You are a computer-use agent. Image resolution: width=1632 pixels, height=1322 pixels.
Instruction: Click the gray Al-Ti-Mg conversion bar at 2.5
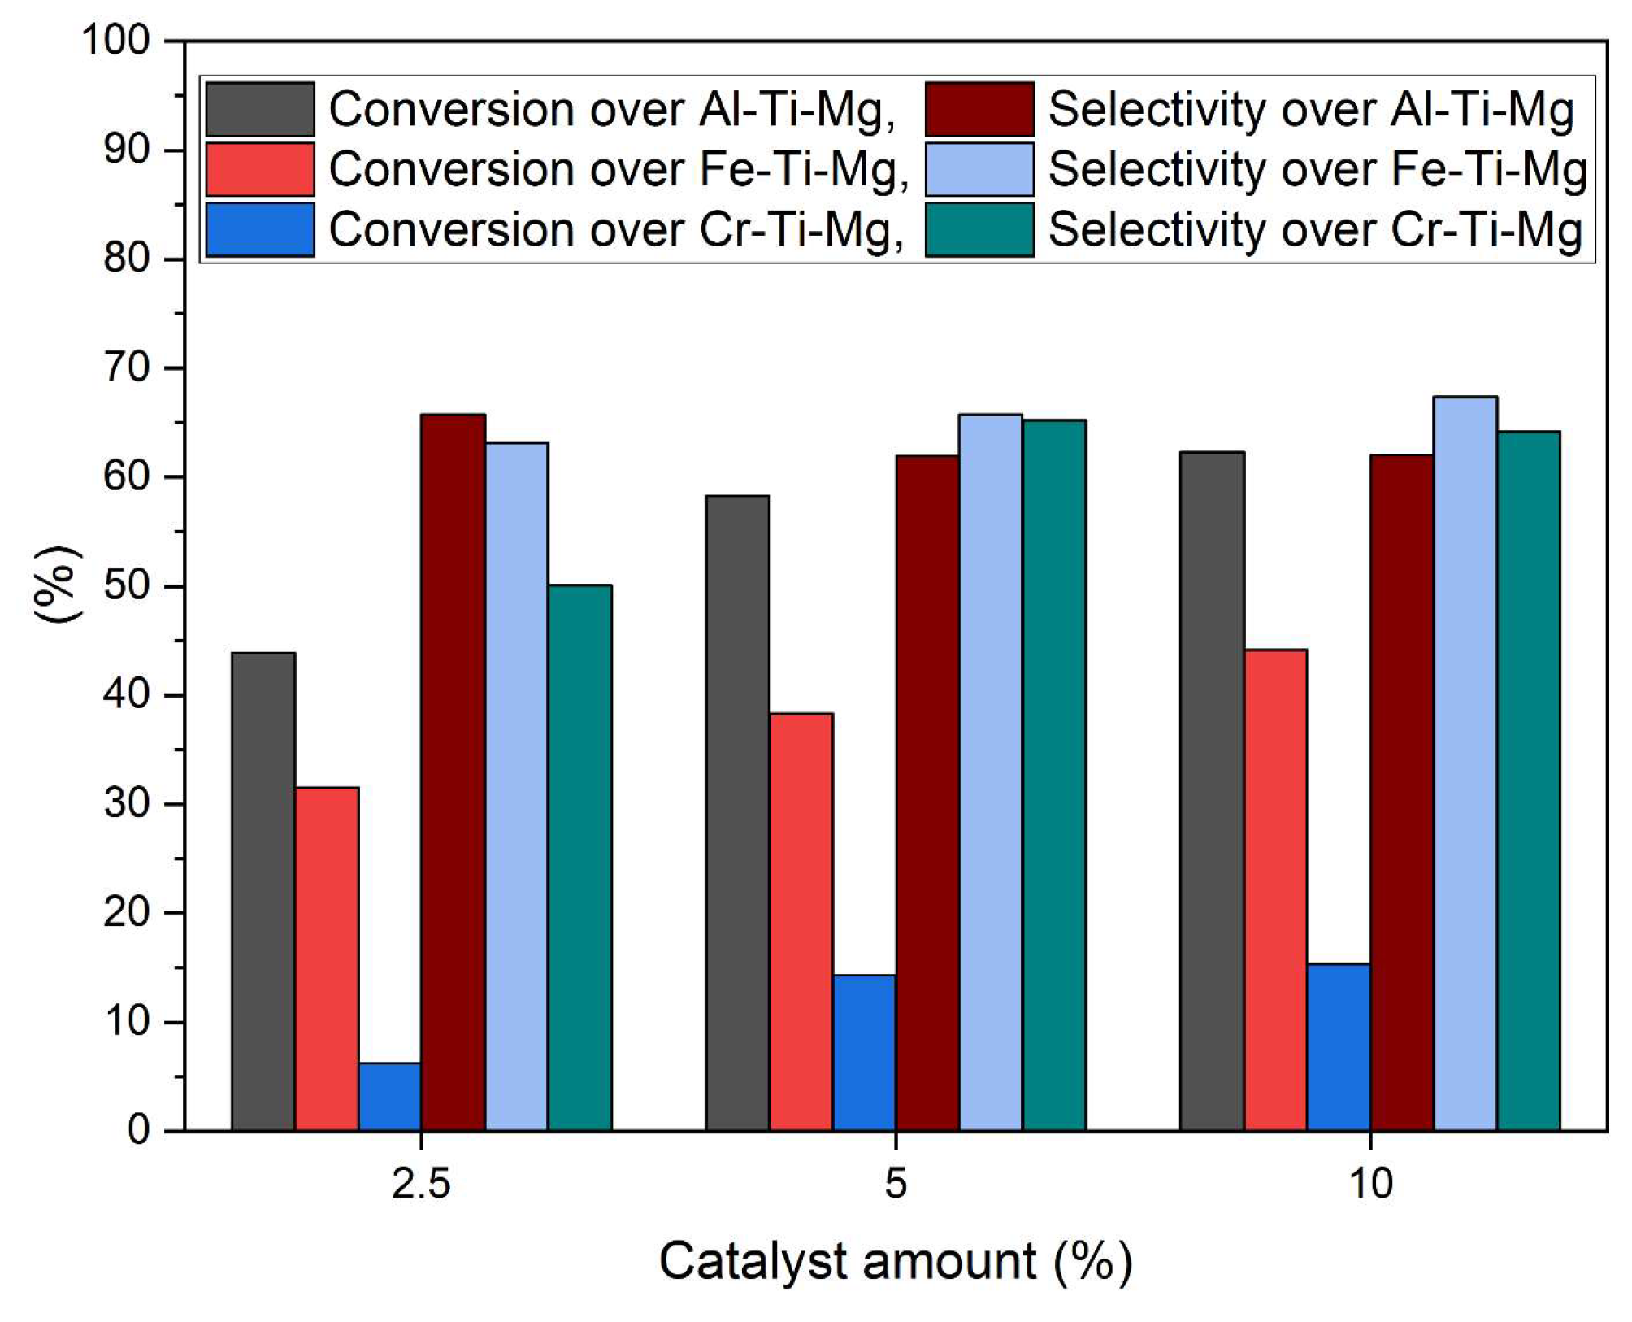coord(263,892)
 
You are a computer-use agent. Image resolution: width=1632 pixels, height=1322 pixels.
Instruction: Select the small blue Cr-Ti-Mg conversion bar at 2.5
coord(390,1097)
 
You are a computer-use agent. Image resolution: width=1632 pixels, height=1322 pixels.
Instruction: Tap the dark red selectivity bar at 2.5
coord(454,772)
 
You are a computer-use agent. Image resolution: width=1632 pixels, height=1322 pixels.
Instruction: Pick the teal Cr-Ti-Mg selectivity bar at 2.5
coord(579,858)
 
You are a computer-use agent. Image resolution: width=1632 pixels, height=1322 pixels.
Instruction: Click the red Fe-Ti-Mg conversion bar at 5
coord(801,922)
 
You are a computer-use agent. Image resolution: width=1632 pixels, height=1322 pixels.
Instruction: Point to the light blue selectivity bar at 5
coord(991,772)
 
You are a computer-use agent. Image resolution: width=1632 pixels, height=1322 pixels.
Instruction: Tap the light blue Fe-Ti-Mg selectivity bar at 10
coord(1465,763)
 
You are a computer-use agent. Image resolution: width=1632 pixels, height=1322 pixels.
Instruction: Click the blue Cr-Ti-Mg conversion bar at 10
coord(1339,1047)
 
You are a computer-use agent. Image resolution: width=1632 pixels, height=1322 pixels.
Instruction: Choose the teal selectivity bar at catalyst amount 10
coord(1529,781)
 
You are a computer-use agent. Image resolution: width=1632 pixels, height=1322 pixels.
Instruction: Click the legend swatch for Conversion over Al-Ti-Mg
coord(260,109)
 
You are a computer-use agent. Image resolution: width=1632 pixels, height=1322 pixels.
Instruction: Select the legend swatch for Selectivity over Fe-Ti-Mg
coord(979,169)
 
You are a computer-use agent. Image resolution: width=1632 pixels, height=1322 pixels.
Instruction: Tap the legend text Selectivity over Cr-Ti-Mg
coord(1315,230)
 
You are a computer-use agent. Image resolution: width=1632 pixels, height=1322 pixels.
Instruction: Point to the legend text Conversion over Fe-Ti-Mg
coord(618,170)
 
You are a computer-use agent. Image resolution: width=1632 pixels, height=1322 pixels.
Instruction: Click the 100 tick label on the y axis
coord(117,40)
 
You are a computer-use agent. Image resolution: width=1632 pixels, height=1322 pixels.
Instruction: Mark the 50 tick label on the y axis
coord(128,586)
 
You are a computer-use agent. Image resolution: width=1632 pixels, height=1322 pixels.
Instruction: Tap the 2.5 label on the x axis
coord(421,1183)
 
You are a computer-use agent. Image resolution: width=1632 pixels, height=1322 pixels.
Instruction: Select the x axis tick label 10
coord(1370,1183)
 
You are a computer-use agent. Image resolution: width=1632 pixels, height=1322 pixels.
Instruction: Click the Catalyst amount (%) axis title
coord(895,1262)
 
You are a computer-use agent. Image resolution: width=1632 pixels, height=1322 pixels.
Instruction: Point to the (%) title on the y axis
coord(57,585)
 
